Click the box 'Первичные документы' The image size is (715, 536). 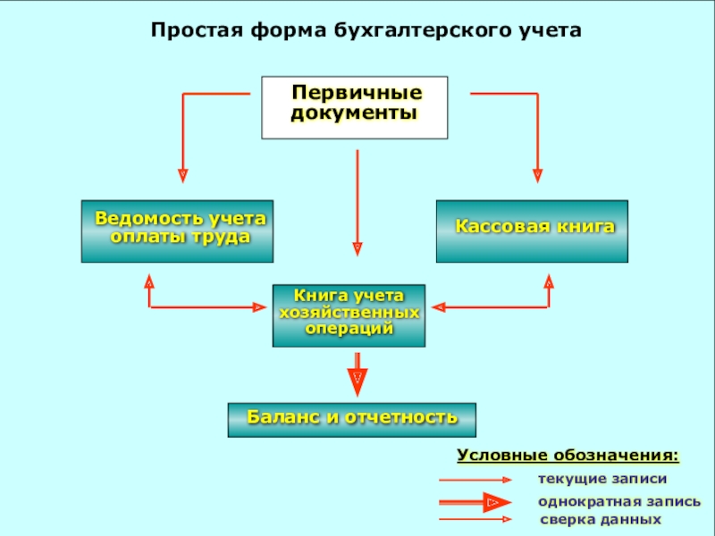[x=354, y=107]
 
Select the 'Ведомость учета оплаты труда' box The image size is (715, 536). [x=177, y=230]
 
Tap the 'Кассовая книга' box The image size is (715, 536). [x=532, y=230]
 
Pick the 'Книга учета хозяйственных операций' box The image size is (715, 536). [x=349, y=315]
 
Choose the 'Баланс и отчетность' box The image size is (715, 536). [x=352, y=419]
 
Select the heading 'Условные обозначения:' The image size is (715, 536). [x=568, y=456]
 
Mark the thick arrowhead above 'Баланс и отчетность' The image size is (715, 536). [x=357, y=381]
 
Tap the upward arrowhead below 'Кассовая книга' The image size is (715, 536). [x=549, y=282]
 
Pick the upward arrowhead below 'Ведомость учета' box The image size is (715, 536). [x=149, y=282]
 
